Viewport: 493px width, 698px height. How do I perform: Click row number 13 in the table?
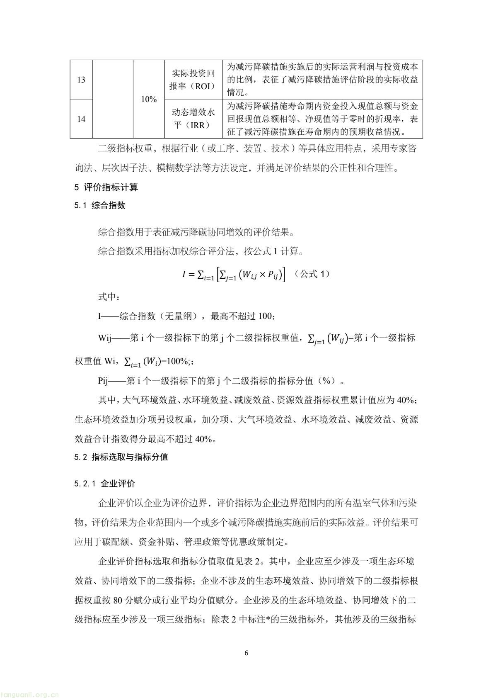81,80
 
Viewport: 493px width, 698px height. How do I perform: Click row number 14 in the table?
81,119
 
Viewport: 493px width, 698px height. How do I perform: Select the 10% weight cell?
149,100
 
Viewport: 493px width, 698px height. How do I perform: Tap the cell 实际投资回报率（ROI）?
193,80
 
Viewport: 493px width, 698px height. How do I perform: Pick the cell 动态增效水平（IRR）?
193,119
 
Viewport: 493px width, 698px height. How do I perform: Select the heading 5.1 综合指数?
100,206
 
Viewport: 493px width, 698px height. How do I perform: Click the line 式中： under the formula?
109,297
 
